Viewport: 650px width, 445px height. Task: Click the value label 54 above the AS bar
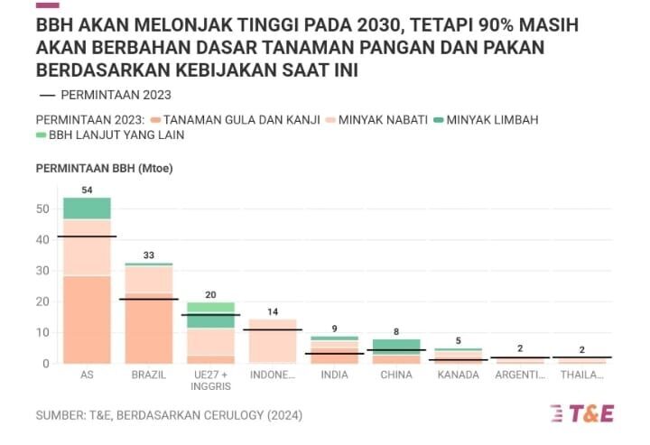[x=87, y=190]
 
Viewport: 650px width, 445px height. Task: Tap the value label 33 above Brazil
[x=149, y=255]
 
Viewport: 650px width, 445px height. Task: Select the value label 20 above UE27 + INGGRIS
[x=211, y=295]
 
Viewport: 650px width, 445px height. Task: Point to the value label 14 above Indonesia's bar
[x=273, y=312]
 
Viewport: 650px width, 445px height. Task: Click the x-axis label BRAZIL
[x=149, y=375]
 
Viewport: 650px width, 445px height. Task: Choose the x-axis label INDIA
[x=334, y=375]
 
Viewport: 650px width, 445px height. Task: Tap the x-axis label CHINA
[x=396, y=375]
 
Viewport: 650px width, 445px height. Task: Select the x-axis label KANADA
[x=458, y=375]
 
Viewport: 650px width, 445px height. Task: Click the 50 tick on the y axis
[x=42, y=209]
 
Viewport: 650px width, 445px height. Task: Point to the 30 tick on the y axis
[x=42, y=271]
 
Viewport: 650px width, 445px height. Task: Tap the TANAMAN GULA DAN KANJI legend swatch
[x=156, y=119]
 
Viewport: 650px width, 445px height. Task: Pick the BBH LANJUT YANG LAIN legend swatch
[x=41, y=135]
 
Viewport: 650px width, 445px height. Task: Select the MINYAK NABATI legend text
[x=382, y=119]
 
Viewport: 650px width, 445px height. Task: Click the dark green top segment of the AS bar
[x=87, y=209]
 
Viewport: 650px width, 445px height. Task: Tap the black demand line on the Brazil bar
[x=149, y=299]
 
